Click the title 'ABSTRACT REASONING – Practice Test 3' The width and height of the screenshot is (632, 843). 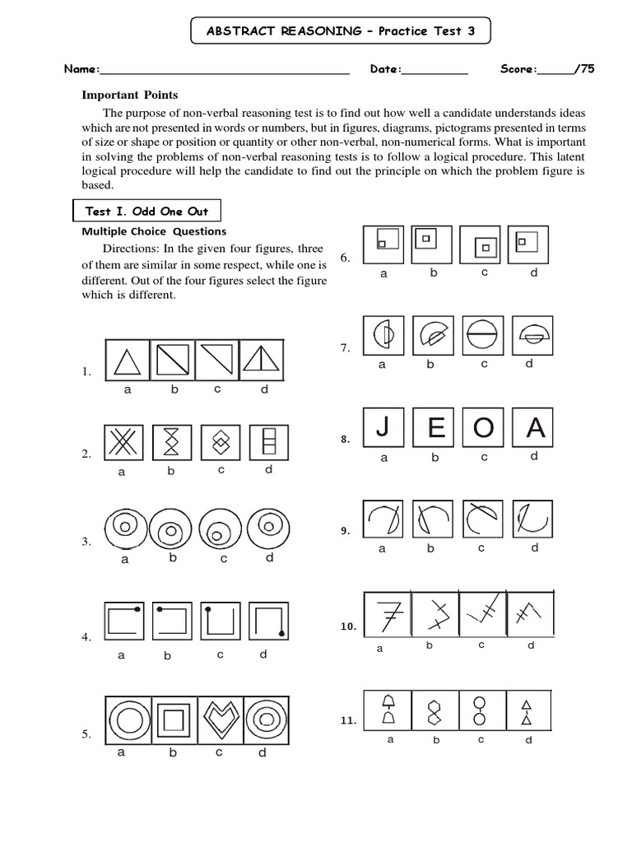[341, 31]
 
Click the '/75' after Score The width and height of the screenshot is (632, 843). [585, 69]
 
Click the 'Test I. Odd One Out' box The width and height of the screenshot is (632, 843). [146, 212]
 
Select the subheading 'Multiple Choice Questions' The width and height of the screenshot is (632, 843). [153, 231]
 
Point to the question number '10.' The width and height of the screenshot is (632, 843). [347, 626]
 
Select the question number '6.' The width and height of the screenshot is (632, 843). [346, 258]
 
